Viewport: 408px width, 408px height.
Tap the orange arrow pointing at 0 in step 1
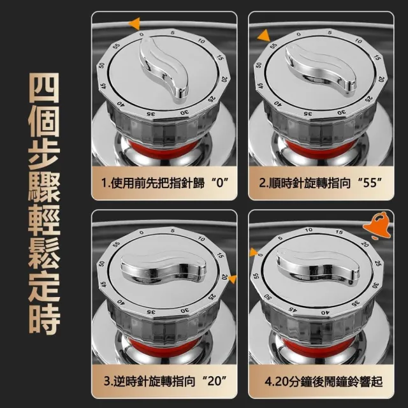(x=135, y=24)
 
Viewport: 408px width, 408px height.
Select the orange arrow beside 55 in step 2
(x=264, y=36)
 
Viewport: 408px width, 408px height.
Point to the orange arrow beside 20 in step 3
(x=232, y=279)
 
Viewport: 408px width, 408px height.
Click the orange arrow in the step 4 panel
(x=254, y=252)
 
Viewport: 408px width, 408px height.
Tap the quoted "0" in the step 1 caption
(x=220, y=183)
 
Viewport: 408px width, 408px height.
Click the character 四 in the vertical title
(x=44, y=88)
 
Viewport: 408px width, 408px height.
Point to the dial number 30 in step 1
(x=184, y=113)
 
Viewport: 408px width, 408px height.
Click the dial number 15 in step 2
(x=377, y=57)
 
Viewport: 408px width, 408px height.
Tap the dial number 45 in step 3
(x=103, y=284)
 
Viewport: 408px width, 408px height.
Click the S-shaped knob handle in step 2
(x=321, y=69)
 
